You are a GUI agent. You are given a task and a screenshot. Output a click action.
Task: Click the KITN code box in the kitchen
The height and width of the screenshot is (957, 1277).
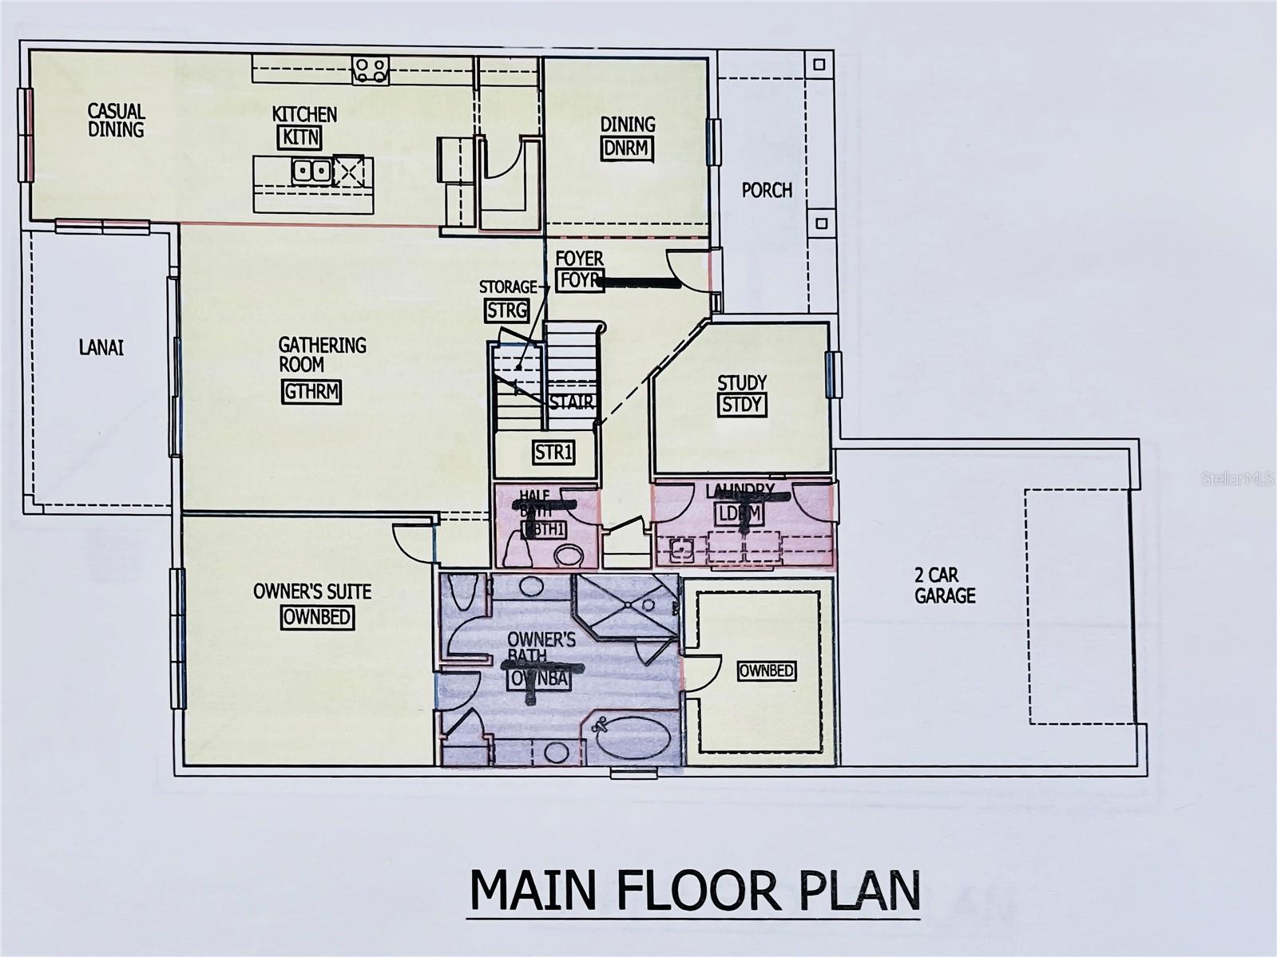(x=300, y=136)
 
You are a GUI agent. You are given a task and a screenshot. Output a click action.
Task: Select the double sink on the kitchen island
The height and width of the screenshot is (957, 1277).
(x=311, y=170)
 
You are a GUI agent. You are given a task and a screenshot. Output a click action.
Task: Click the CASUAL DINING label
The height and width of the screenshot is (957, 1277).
(x=116, y=120)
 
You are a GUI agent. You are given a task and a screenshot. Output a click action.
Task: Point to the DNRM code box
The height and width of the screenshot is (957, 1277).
(x=626, y=148)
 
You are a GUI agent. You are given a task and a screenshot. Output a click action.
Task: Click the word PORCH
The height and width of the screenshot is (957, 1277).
(x=767, y=190)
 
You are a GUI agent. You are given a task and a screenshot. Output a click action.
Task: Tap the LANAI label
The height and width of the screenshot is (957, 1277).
(x=101, y=347)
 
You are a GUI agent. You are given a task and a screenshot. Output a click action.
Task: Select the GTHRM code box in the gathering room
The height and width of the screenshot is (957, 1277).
(x=311, y=392)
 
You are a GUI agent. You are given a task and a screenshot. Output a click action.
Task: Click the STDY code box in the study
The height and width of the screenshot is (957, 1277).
(x=742, y=404)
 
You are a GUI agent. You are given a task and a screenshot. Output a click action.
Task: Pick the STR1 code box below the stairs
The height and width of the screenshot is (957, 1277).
(x=553, y=453)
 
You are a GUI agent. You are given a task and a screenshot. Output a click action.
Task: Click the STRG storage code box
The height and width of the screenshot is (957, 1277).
(x=506, y=310)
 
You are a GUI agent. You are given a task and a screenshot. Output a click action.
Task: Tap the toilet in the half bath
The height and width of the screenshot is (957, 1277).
(x=569, y=556)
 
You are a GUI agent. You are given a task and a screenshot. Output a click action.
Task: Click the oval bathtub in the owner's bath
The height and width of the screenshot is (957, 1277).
(x=636, y=738)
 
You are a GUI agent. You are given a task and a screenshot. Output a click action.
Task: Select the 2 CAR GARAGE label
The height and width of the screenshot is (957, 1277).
(x=945, y=585)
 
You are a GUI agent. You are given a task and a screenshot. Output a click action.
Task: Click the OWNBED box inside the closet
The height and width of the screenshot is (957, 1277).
(x=765, y=670)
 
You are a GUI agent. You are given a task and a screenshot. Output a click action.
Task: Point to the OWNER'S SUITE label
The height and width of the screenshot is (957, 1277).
(x=311, y=591)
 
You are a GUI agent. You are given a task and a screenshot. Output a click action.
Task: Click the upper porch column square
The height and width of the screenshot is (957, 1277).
(x=819, y=64)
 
